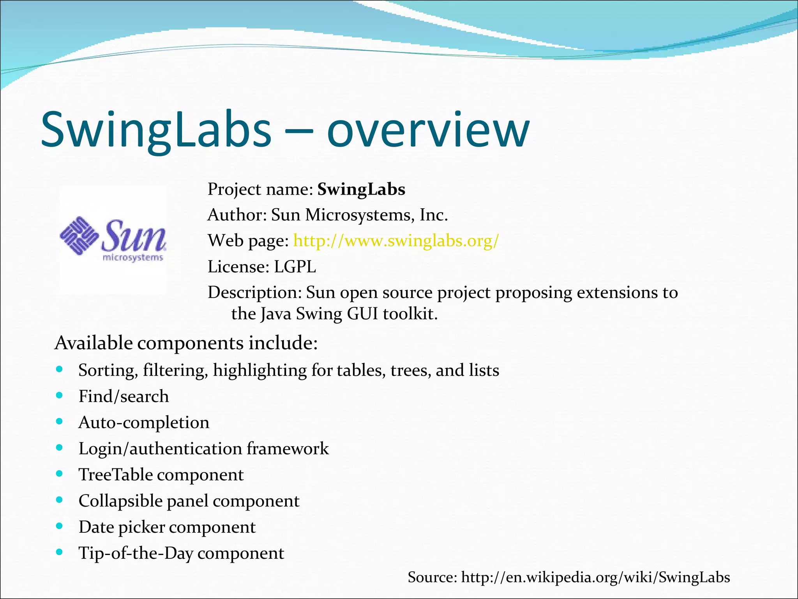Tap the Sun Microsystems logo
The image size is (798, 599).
[x=113, y=239]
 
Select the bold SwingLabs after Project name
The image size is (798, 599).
[x=361, y=190]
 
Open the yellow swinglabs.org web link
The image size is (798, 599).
[x=395, y=241]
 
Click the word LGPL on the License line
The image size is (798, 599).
[x=295, y=267]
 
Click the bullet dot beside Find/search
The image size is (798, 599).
[x=59, y=395]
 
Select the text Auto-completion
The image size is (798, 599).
[x=144, y=422]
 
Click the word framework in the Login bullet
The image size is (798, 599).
[x=288, y=448]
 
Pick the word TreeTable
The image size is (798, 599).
[x=115, y=475]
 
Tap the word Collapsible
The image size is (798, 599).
[x=120, y=501]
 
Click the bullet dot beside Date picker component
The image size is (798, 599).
[x=59, y=526]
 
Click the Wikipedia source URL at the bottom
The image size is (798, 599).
[x=595, y=577]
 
